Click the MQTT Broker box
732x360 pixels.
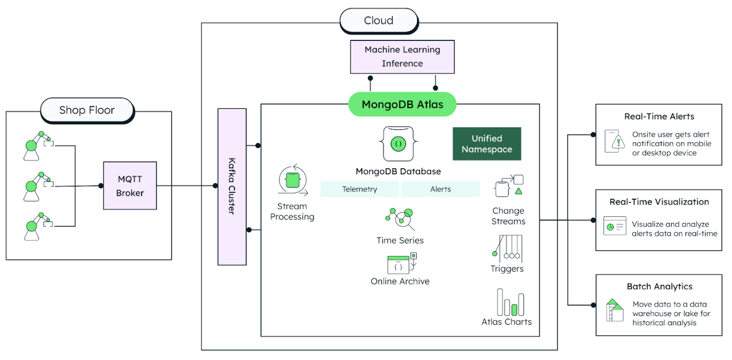pos(130,186)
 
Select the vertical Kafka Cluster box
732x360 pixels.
pos(232,187)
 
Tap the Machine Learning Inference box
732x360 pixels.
pos(402,57)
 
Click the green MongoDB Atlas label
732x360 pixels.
pos(402,104)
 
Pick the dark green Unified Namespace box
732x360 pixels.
pos(487,144)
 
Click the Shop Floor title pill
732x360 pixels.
pos(87,110)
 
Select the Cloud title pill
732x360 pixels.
pos(378,20)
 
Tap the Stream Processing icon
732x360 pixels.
pos(292,181)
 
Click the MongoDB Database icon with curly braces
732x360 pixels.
pos(399,144)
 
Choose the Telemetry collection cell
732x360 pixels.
pos(359,189)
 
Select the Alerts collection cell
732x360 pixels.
pos(440,189)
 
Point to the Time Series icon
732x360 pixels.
pos(400,219)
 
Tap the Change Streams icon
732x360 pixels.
pos(509,187)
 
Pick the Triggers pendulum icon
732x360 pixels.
pos(507,247)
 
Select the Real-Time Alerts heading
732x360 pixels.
pos(659,117)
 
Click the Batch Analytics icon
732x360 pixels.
pos(615,310)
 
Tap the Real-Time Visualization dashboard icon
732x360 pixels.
pos(614,226)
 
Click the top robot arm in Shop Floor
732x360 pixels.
pos(37,143)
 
